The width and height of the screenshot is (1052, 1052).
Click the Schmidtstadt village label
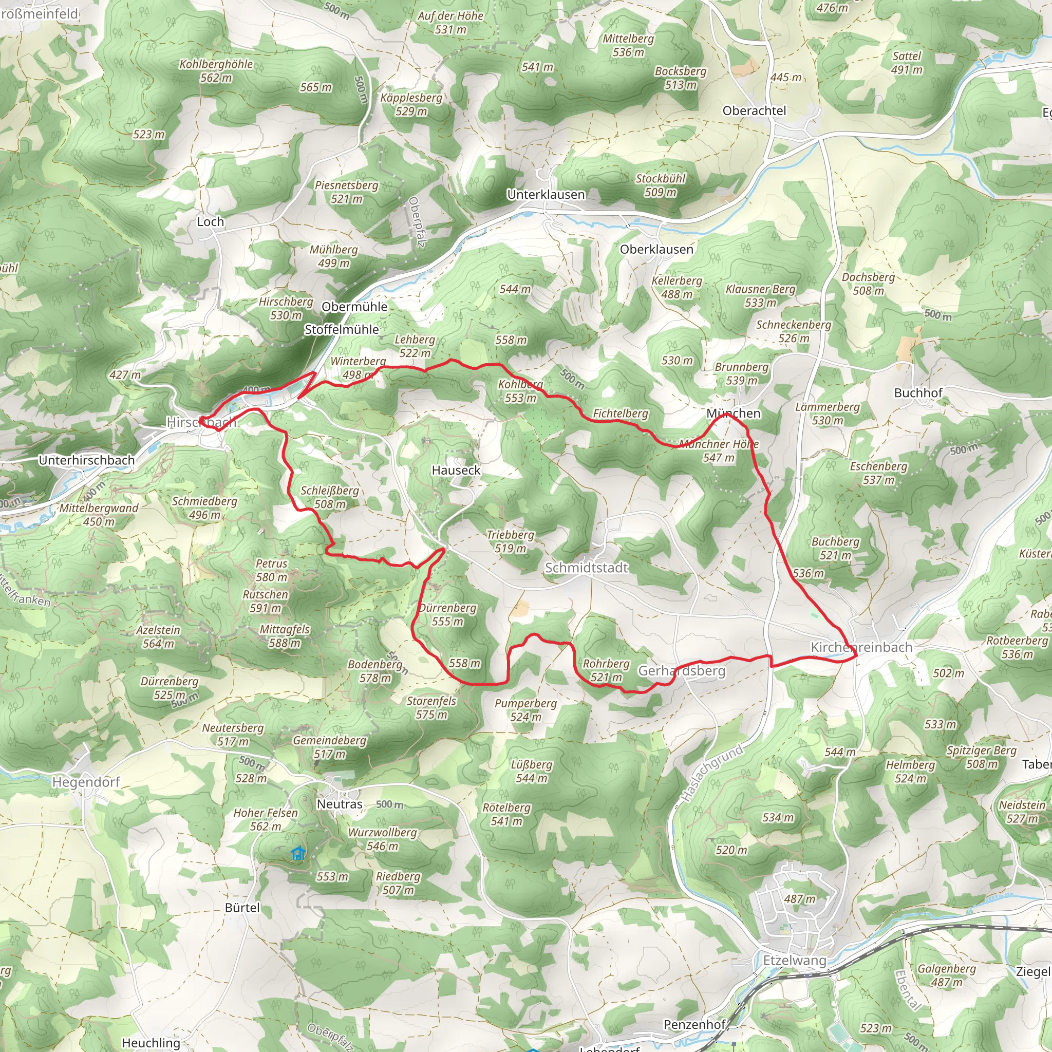(587, 568)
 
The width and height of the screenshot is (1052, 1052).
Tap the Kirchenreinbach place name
(861, 647)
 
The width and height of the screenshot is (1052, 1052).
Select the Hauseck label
(456, 470)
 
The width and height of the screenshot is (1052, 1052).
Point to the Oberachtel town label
(754, 110)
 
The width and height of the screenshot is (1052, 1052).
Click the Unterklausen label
(546, 194)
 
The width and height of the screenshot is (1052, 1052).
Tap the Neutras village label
(339, 804)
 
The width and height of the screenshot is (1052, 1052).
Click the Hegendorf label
(86, 782)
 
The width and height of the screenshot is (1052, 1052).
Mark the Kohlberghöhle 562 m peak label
(216, 71)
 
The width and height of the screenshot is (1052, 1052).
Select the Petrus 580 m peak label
(271, 570)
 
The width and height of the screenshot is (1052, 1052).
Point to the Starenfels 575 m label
(431, 707)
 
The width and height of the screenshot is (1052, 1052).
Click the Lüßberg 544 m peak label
(531, 771)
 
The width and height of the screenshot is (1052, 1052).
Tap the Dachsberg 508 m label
(868, 284)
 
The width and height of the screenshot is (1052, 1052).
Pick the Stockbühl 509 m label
(661, 185)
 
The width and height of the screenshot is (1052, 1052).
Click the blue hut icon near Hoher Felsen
(297, 853)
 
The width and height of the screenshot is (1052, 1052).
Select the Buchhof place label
(918, 392)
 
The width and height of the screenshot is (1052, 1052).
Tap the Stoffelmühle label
(342, 329)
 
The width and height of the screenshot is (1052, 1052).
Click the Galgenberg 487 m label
(946, 975)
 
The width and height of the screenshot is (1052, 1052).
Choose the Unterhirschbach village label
(87, 460)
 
